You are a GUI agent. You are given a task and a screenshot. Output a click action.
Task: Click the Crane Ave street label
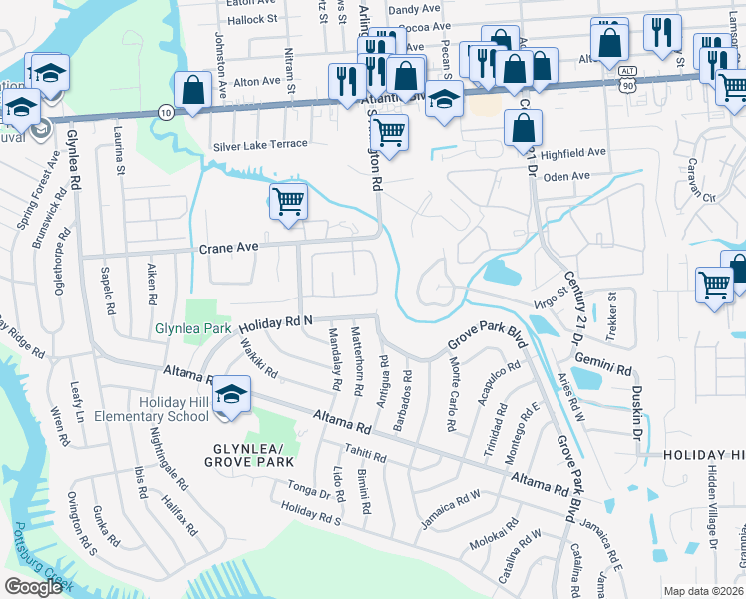pyautogui.click(x=228, y=247)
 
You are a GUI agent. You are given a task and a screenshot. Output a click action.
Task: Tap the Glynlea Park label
pyautogui.click(x=192, y=328)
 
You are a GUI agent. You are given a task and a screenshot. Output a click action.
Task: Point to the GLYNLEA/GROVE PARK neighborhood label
pyautogui.click(x=248, y=455)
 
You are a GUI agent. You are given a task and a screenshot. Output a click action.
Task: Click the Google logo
pyautogui.click(x=33, y=587)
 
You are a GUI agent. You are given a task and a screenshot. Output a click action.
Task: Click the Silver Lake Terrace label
pyautogui.click(x=260, y=144)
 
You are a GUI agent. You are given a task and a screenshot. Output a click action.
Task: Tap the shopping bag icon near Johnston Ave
pyautogui.click(x=192, y=88)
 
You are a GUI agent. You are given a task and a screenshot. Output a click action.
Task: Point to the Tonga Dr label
pyautogui.click(x=311, y=493)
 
